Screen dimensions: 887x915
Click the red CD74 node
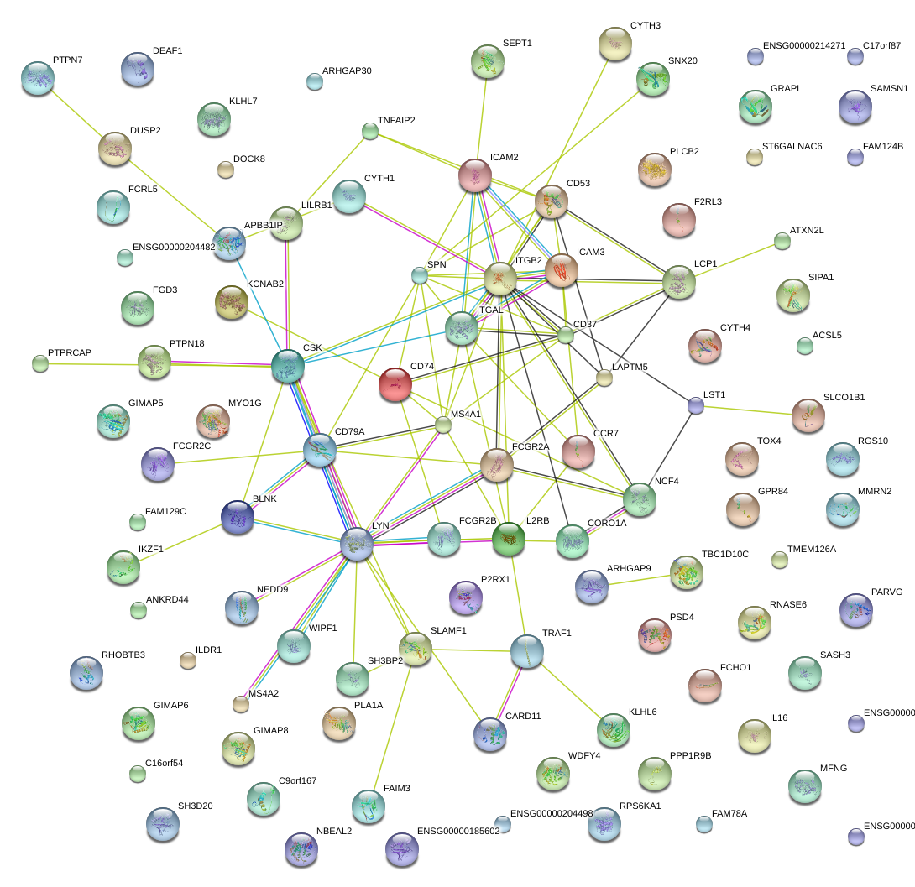[x=395, y=383]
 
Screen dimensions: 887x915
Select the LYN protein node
[x=357, y=544]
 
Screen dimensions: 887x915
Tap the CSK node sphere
[x=287, y=364]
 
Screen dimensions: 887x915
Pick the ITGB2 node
[x=500, y=278]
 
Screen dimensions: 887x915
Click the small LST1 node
[x=695, y=405]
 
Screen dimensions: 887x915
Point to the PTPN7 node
[x=37, y=77]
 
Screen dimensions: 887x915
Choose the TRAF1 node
[x=527, y=650]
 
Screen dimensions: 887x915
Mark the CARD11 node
[x=490, y=733]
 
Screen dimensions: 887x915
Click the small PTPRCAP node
[x=40, y=363]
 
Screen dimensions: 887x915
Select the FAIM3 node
[x=369, y=806]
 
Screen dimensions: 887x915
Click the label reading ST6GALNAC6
[x=792, y=147]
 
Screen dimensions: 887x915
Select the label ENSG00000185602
[x=457, y=832]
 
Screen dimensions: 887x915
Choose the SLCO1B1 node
[x=808, y=415]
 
